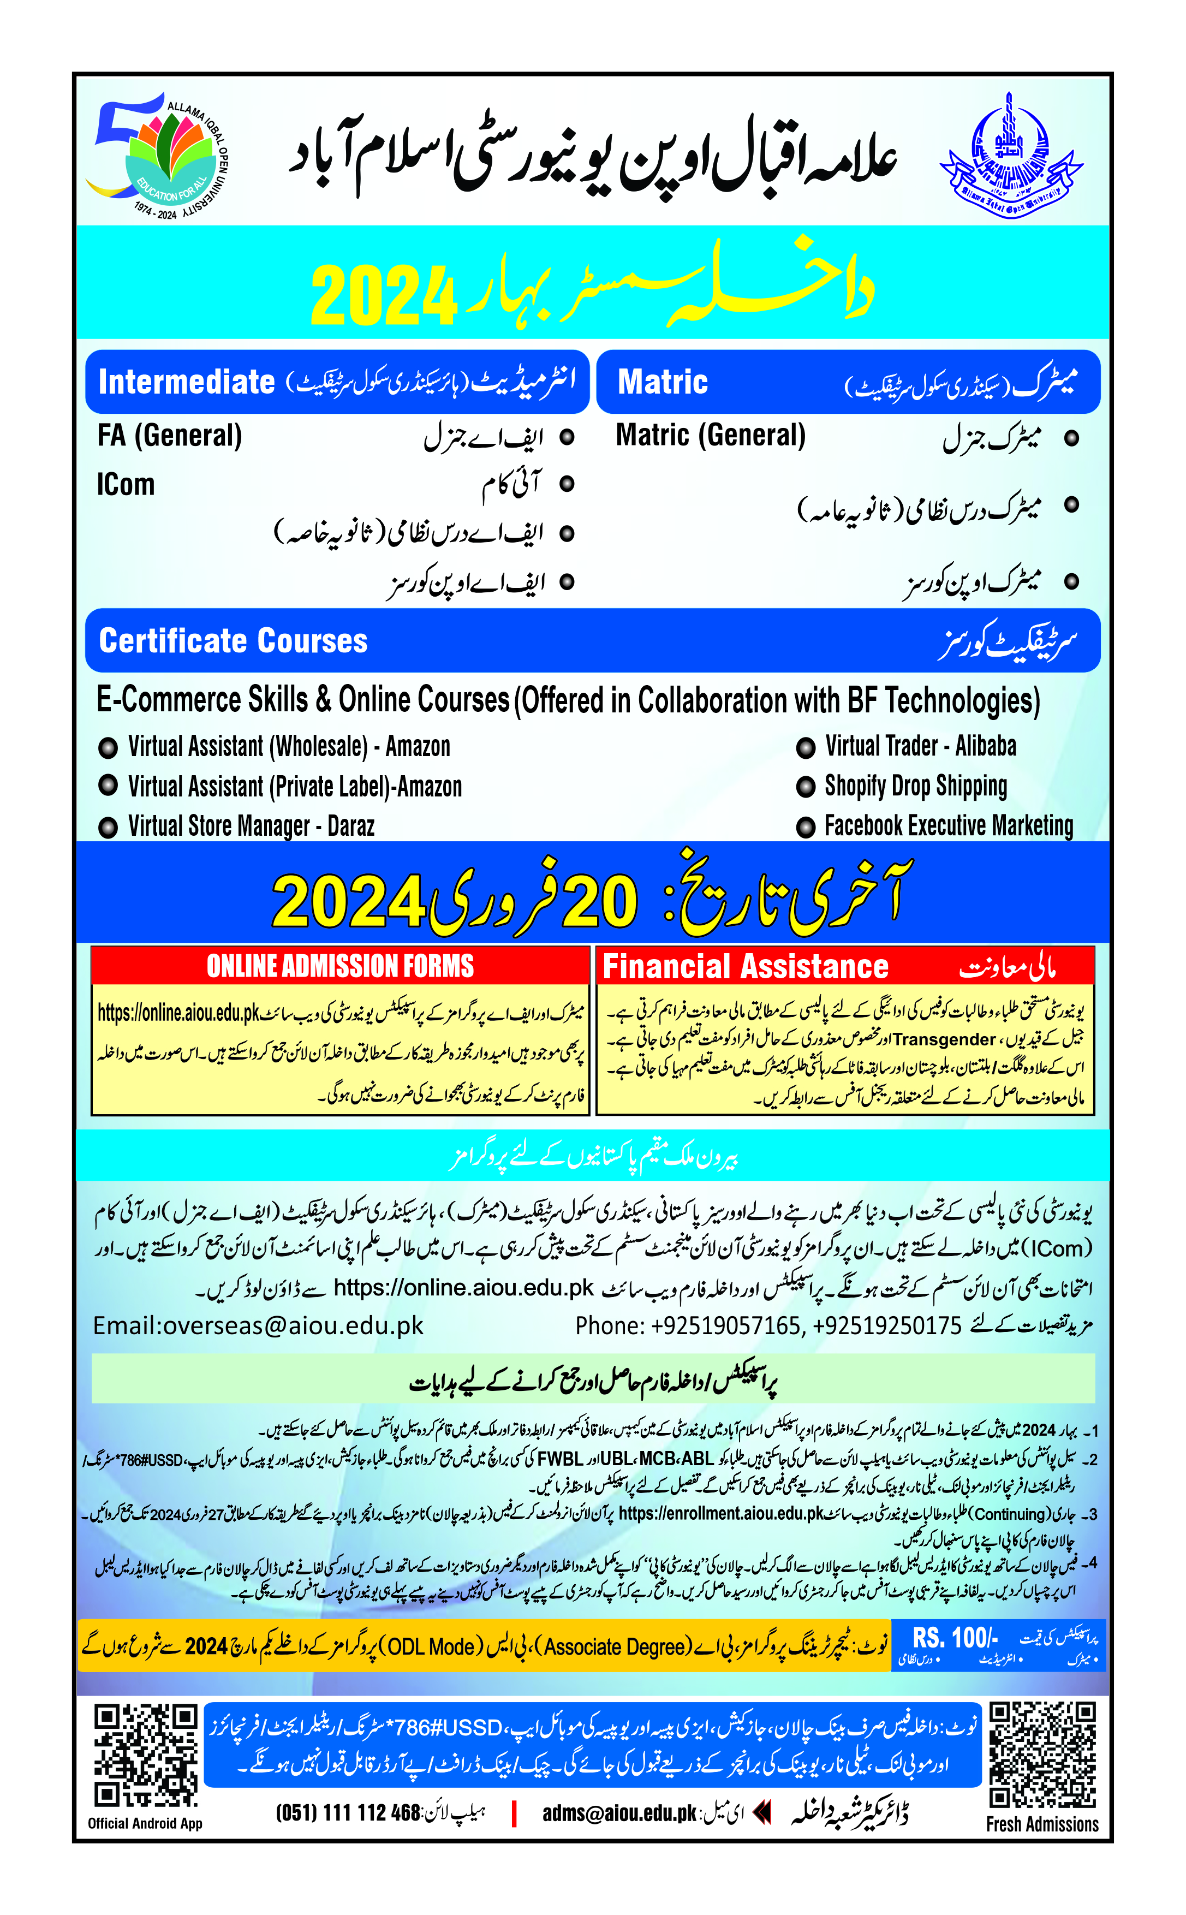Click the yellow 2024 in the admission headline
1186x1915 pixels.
pos(384,296)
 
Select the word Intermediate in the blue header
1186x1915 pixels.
pos(187,382)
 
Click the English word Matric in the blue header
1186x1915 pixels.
pos(662,382)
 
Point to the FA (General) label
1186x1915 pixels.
pos(169,436)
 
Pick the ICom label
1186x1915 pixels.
pos(126,484)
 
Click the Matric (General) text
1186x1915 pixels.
pos(710,436)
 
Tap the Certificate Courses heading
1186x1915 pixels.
pos(233,641)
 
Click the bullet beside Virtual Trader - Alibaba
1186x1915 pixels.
pos(806,748)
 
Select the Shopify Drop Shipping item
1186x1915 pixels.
pos(915,786)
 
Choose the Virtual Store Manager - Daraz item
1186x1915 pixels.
pos(251,826)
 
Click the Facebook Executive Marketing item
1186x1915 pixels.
pos(949,826)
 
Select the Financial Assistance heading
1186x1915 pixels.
pos(744,967)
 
